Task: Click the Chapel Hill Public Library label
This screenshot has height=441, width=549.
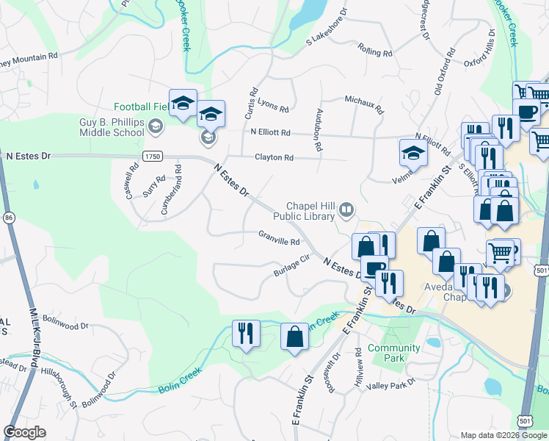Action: (303, 211)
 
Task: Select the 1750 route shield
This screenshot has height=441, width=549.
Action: (152, 157)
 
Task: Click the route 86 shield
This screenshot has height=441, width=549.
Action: (9, 218)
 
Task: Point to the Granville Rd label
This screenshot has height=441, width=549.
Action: (279, 241)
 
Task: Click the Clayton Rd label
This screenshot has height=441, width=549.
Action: (274, 157)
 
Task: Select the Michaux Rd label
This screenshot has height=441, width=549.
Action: (364, 104)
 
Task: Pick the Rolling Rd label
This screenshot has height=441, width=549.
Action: (375, 51)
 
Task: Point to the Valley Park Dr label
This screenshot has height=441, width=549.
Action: (391, 384)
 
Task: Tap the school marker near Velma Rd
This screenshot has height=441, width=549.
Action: (413, 153)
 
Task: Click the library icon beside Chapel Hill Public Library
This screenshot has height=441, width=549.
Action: (345, 211)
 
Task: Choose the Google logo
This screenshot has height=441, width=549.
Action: (24, 433)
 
